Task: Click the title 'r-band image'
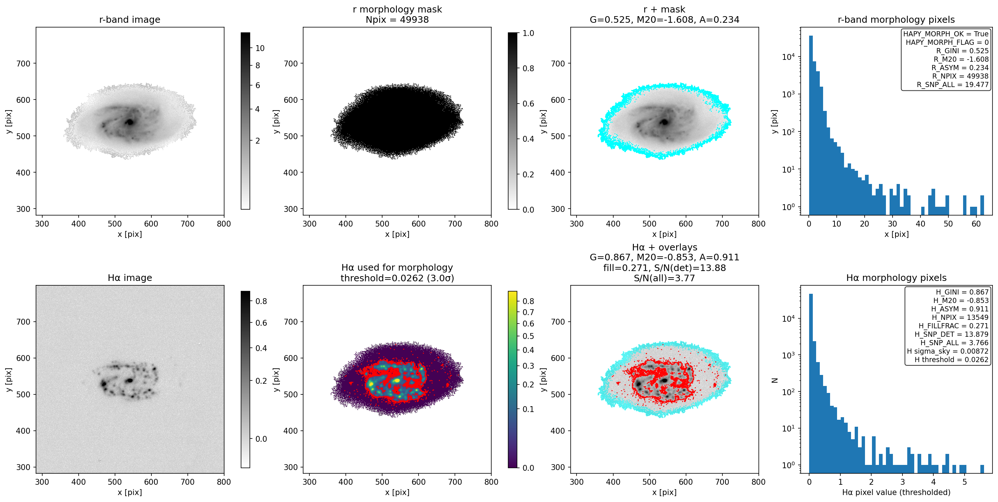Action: pyautogui.click(x=129, y=19)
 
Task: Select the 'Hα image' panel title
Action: pyautogui.click(x=129, y=278)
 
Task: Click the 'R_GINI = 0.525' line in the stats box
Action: pyautogui.click(x=962, y=51)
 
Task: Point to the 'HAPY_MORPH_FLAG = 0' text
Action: pyautogui.click(x=947, y=42)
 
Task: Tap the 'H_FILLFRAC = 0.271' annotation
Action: pyautogui.click(x=954, y=326)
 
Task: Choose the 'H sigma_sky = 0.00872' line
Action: pyautogui.click(x=948, y=351)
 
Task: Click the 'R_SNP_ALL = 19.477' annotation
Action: pyautogui.click(x=953, y=84)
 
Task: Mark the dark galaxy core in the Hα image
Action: pyautogui.click(x=129, y=380)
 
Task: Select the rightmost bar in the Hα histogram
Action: pyautogui.click(x=982, y=469)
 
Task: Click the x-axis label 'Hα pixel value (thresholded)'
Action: pyautogui.click(x=896, y=492)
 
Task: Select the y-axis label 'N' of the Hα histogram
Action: pyautogui.click(x=775, y=380)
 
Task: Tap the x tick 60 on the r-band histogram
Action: pyautogui.click(x=976, y=224)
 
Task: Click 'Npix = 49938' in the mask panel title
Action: pyautogui.click(x=397, y=19)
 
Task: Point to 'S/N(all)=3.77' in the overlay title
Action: pyautogui.click(x=664, y=278)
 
